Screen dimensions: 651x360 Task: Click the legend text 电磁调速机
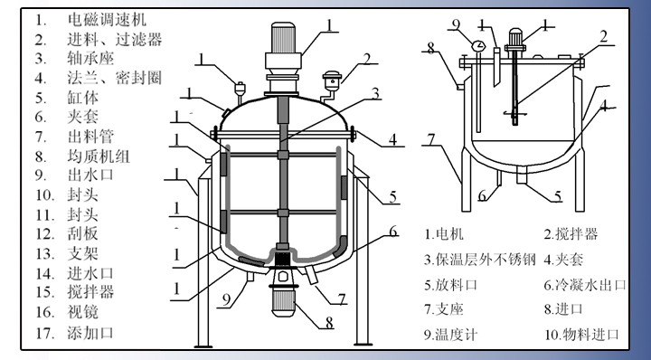(107, 19)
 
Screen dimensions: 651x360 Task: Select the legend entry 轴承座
(90, 58)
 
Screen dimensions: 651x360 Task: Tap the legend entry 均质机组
(99, 156)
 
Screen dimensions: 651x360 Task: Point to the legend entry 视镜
(83, 312)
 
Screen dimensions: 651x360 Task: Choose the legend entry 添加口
(90, 333)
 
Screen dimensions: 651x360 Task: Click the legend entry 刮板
(83, 233)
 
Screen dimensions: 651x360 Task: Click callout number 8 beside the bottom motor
(329, 323)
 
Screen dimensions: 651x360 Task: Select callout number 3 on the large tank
(375, 93)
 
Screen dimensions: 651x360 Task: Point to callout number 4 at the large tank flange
(392, 139)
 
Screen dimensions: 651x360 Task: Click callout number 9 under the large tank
(226, 299)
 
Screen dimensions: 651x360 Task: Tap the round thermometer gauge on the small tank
(478, 45)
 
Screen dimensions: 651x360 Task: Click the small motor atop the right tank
(515, 41)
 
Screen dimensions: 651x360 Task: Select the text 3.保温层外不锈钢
(480, 260)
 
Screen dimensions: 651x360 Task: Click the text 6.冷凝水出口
(585, 285)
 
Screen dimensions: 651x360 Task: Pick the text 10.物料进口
(581, 335)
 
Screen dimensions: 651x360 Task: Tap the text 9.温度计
(451, 335)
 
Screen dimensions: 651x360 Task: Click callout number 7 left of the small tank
(432, 139)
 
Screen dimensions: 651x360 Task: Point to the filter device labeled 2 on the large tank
(332, 81)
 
